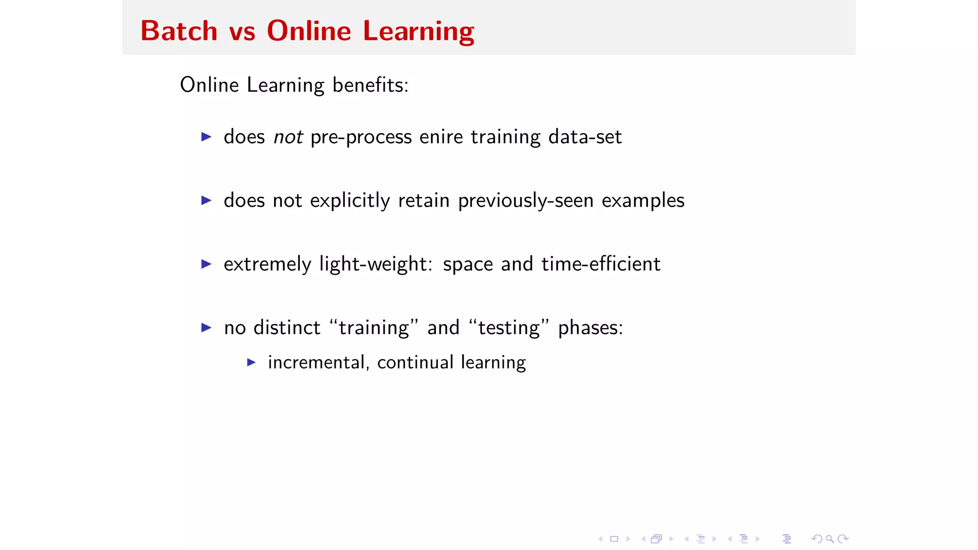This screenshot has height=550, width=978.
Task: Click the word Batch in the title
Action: point(179,32)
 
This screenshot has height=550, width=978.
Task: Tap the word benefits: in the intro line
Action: point(371,85)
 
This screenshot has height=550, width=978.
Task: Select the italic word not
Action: point(288,137)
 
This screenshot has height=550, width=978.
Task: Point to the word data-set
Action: point(585,137)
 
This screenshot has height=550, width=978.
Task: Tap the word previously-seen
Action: point(526,201)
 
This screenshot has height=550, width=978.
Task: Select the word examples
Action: point(643,201)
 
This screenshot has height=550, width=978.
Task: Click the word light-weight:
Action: point(376,264)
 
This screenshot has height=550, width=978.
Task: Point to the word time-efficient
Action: point(601,264)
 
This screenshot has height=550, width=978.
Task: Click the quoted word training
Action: point(374,328)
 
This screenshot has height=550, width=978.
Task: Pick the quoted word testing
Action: point(509,328)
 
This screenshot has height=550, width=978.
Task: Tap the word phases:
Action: point(590,328)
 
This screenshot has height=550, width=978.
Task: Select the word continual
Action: point(415,362)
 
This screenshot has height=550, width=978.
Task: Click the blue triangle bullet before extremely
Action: point(206,264)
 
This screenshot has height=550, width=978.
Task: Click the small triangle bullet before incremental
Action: point(251,362)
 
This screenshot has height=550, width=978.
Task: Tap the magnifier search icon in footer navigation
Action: point(830,539)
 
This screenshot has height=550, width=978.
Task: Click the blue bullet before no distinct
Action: point(206,328)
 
